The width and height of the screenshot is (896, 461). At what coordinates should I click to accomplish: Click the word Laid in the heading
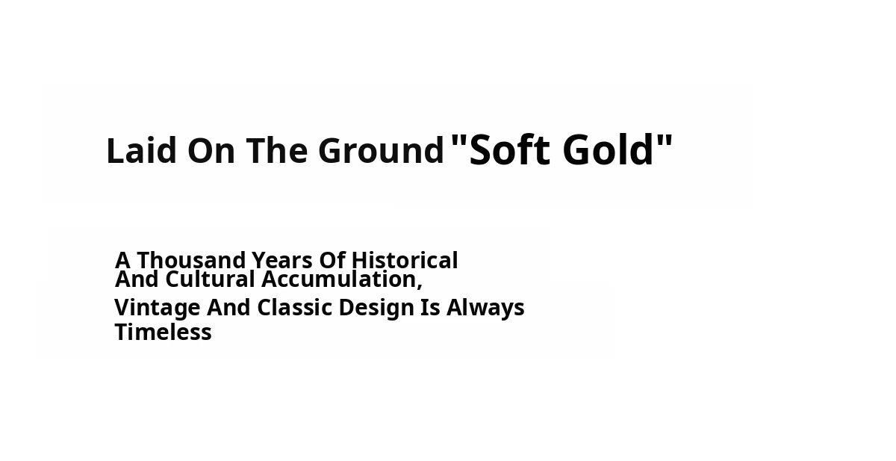[142, 150]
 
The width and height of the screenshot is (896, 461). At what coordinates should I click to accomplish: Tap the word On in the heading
[211, 150]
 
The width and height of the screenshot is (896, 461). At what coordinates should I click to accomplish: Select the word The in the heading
[277, 150]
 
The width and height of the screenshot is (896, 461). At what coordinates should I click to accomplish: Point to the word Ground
[382, 150]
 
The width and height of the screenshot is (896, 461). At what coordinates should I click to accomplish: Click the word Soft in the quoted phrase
[509, 149]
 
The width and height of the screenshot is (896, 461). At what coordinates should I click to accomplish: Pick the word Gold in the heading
[608, 149]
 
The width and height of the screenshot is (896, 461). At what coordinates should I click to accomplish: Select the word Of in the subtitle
[332, 260]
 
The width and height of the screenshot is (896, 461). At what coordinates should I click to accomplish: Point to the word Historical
[405, 260]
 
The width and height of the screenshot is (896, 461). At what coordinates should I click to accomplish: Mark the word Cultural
[210, 279]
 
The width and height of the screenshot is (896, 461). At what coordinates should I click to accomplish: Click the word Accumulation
[339, 279]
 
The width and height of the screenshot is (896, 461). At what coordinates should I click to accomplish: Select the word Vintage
[158, 308]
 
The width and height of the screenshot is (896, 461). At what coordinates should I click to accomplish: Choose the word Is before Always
[430, 308]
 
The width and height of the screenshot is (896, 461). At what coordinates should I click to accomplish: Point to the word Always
[485, 308]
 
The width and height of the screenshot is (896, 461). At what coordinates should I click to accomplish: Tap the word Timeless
[164, 332]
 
